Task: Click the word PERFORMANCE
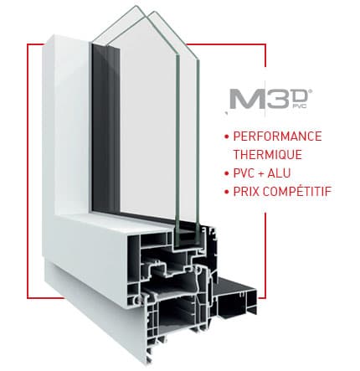click(277, 137)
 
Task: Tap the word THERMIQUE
click(268, 155)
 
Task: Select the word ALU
click(279, 173)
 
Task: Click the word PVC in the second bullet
click(244, 173)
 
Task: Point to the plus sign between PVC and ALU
click(261, 173)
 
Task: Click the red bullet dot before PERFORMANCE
click(227, 137)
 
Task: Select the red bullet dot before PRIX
click(227, 192)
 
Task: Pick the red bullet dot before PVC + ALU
click(227, 173)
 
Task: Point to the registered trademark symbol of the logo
click(311, 91)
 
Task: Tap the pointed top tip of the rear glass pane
click(136, 6)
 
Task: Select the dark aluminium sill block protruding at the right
click(237, 298)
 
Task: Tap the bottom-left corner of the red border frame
click(28, 298)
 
